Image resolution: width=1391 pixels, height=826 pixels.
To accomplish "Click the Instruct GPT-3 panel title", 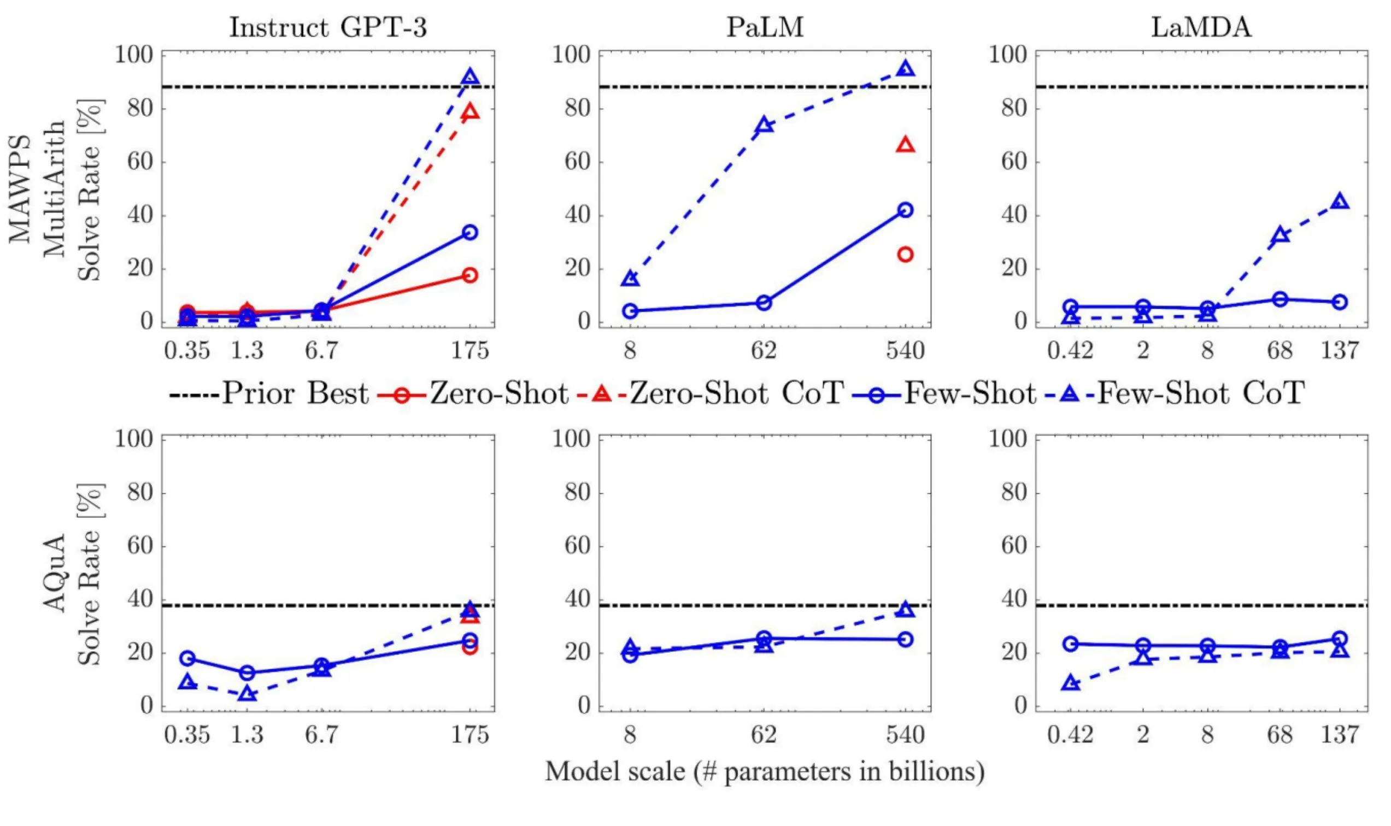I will pos(328,27).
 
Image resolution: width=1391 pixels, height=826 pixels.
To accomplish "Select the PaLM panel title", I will pos(765,27).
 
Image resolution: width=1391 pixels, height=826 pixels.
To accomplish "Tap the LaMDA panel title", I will pos(1201,27).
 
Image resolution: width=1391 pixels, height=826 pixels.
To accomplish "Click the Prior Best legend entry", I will pos(269,394).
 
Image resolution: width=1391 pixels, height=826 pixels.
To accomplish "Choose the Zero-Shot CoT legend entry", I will pos(707,394).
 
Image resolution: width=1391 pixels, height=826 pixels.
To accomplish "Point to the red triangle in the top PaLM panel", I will pos(906,145).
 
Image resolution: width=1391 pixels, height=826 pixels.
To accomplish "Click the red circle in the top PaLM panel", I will pos(906,255).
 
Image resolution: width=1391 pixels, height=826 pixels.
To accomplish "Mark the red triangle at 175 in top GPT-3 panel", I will pos(471,112).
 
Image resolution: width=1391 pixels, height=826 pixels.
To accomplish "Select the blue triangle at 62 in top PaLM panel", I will pos(765,125).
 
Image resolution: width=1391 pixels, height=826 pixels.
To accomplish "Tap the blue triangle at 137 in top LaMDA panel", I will pos(1340,202).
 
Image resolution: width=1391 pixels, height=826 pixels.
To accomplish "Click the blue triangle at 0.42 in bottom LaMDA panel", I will pos(1070,683).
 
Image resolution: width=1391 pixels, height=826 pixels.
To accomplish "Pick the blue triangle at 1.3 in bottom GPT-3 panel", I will pos(247,694).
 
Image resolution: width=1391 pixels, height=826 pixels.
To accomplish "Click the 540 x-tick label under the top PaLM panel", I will pos(906,351).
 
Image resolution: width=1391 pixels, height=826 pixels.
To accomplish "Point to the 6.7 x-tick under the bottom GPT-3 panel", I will pos(321,735).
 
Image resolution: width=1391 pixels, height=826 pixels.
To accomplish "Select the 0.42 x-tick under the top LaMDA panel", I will pos(1070,351).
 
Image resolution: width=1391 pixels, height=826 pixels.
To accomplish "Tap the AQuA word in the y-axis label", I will pos(55,573).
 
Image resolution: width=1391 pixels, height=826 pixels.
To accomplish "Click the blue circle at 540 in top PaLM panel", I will pos(906,210).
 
